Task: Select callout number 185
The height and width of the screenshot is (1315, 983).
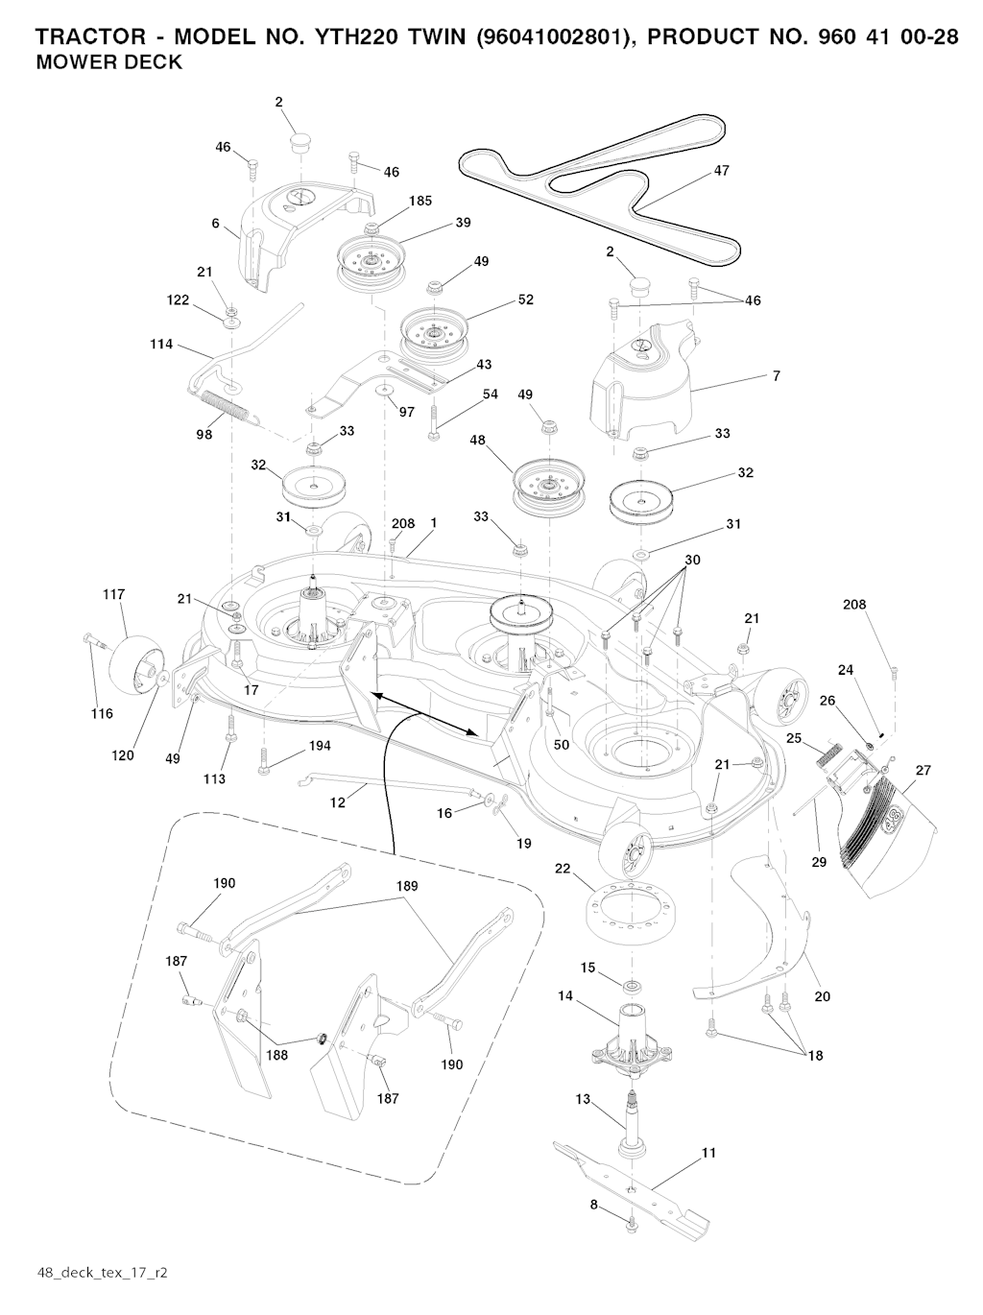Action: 420,201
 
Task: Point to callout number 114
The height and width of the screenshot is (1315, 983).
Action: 161,344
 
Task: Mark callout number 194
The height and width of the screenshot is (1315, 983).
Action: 320,746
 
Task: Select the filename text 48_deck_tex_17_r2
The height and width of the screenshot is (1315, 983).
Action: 103,1273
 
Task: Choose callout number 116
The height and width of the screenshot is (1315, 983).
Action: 102,713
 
